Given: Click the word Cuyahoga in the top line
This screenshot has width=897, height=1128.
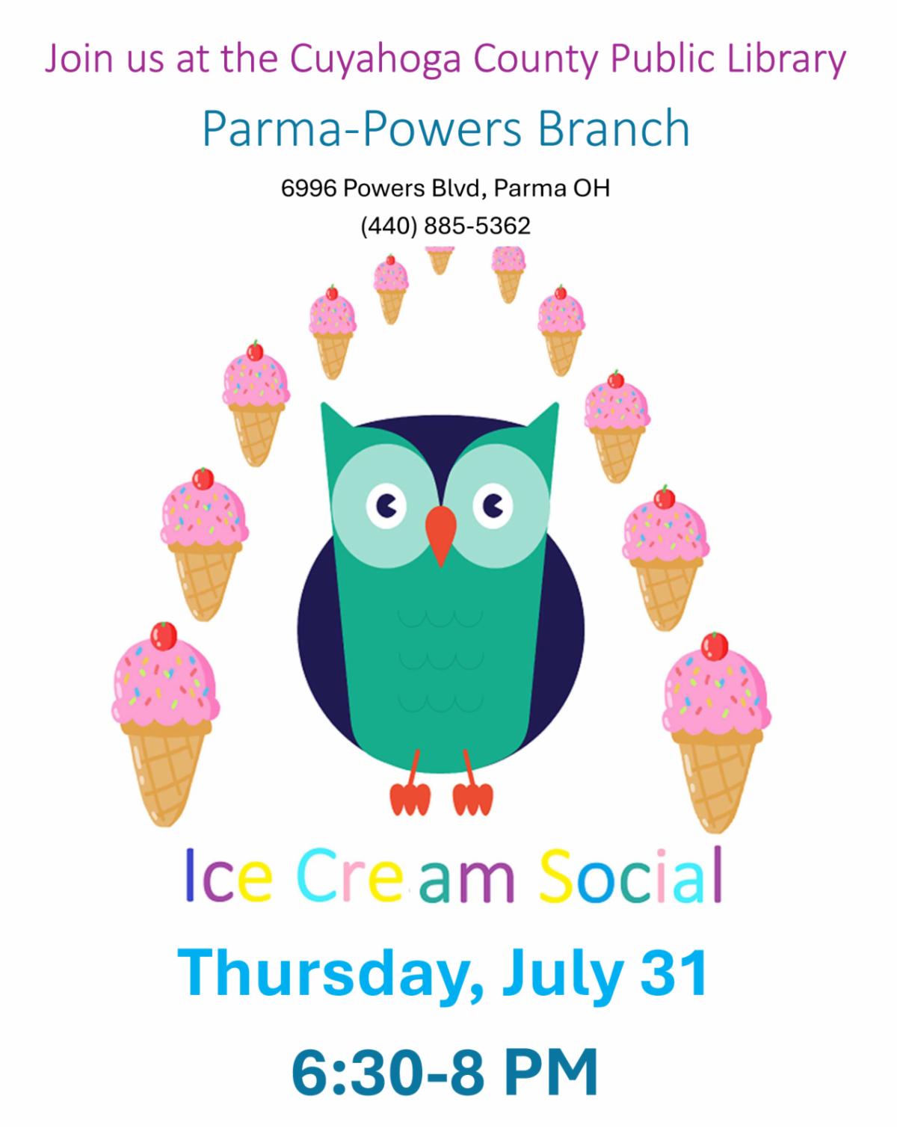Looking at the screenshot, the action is (374, 59).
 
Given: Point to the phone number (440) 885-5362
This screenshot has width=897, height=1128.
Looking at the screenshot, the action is (445, 226).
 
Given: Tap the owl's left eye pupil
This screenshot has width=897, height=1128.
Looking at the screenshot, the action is (389, 507).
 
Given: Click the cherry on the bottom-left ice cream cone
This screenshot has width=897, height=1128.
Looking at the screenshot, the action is (164, 636).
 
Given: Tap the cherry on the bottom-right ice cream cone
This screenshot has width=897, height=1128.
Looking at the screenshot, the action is (714, 646).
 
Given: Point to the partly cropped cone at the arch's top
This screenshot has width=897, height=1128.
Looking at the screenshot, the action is (440, 260).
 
